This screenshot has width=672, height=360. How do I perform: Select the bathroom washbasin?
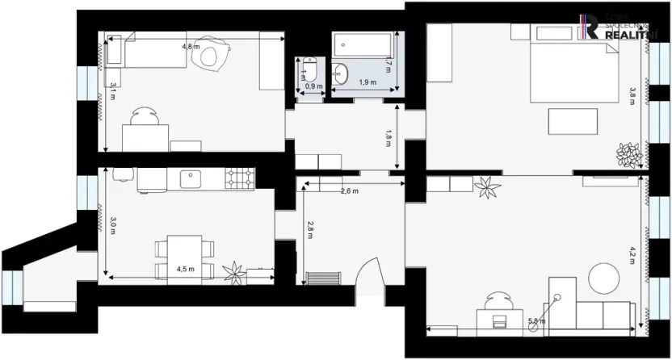pyautogui.click(x=341, y=73)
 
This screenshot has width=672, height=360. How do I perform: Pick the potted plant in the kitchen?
pyautogui.click(x=235, y=273)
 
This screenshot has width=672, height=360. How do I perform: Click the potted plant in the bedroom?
pyautogui.click(x=628, y=153)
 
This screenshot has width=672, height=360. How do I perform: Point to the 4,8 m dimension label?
pyautogui.click(x=191, y=47)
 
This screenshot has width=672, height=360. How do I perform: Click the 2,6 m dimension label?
pyautogui.click(x=350, y=191)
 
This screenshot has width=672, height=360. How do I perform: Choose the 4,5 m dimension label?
pyautogui.click(x=186, y=270)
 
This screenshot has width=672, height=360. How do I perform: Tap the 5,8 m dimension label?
pyautogui.click(x=536, y=321)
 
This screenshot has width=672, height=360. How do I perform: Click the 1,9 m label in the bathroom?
pyautogui.click(x=367, y=82)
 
